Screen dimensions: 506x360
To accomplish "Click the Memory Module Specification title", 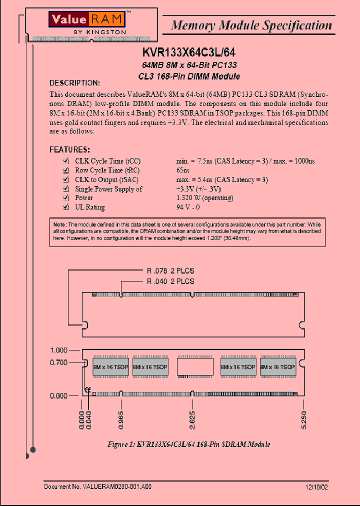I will (251, 25).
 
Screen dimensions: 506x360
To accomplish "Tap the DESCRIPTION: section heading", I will (74, 83).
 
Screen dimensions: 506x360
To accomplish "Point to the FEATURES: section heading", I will (69, 149).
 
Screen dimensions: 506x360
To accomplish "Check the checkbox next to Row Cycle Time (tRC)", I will (65, 170).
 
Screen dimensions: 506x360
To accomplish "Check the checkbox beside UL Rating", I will (65, 207).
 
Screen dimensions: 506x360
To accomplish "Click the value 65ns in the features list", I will (183, 170).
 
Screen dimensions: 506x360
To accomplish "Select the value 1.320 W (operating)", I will (204, 198).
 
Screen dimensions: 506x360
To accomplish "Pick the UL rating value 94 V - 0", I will (188, 207).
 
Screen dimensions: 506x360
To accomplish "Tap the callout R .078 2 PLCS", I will (170, 271).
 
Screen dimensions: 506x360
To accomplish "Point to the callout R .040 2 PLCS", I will (170, 281).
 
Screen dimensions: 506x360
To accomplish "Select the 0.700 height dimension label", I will (58, 362).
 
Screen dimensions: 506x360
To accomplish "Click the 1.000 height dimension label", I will (58, 350).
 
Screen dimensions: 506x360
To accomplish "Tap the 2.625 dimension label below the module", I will (192, 420).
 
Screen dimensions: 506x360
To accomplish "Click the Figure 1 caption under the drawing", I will (189, 444).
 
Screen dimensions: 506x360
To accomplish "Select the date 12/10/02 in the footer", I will (316, 486).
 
